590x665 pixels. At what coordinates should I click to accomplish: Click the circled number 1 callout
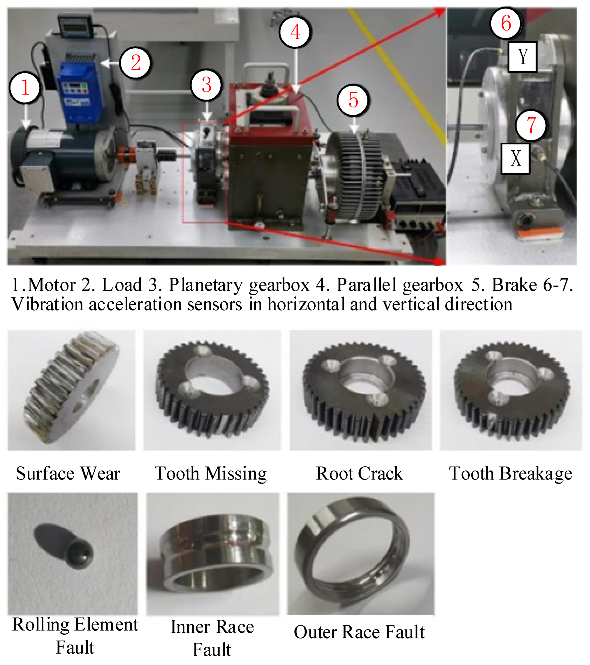click(x=25, y=88)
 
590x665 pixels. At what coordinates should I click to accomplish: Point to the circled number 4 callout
click(x=295, y=32)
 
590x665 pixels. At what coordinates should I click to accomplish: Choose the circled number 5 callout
click(x=353, y=100)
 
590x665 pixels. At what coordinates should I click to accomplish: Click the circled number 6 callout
click(x=506, y=23)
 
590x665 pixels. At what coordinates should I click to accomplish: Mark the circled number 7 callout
click(x=531, y=125)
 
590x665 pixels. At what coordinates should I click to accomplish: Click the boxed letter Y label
click(x=522, y=57)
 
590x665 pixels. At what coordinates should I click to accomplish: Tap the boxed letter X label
click(x=515, y=159)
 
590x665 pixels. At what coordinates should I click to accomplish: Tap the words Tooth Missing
click(x=211, y=473)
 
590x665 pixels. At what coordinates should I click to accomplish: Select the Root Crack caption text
click(x=360, y=473)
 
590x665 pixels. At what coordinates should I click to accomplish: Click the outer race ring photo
click(x=360, y=553)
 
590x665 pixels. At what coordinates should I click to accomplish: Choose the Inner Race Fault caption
click(x=212, y=638)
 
